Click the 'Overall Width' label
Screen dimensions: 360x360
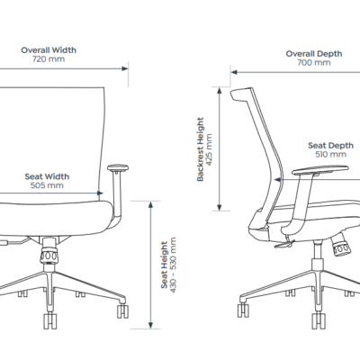(49, 50)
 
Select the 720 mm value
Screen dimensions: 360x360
(49, 59)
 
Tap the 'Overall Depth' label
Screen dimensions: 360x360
(314, 54)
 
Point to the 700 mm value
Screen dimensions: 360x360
(314, 63)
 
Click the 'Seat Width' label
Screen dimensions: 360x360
(47, 176)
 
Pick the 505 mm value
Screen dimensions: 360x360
(47, 185)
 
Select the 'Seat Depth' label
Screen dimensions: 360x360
(331, 146)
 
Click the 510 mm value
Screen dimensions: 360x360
(331, 155)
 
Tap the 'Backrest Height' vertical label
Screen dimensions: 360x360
(200, 149)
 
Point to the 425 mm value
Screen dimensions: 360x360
(209, 149)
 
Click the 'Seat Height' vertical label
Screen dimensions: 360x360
(164, 265)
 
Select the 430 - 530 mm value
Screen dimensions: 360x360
(173, 265)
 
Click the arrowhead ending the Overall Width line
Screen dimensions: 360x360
(125, 68)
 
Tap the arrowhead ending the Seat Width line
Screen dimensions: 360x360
(100, 193)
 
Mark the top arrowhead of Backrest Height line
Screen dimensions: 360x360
(220, 90)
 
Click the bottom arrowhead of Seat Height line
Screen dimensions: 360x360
(150, 325)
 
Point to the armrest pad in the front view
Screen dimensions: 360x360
(118, 167)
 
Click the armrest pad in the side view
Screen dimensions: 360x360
(320, 170)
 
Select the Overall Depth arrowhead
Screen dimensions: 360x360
(234, 72)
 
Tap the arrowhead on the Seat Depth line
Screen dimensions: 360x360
(278, 180)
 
